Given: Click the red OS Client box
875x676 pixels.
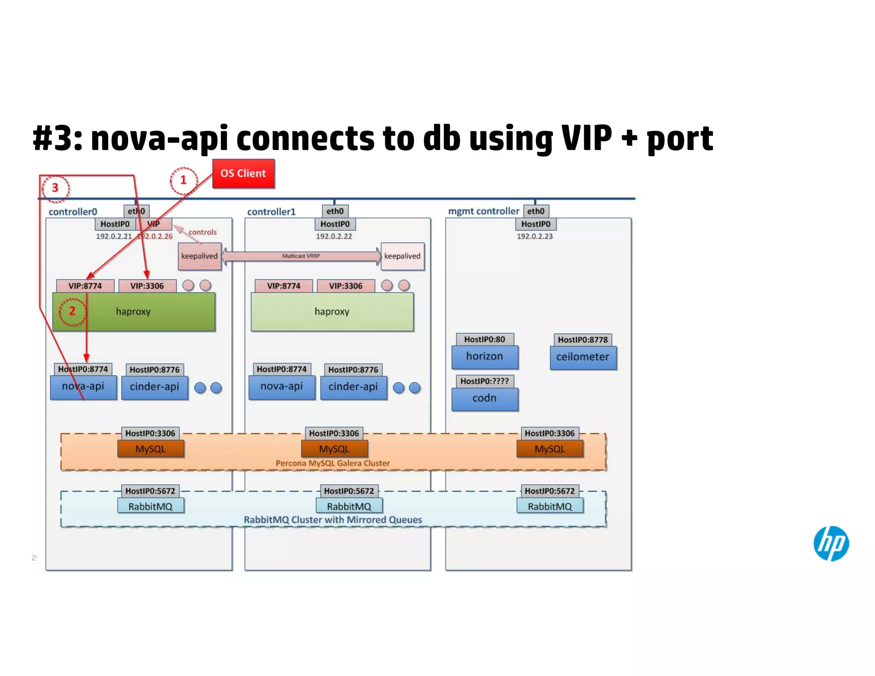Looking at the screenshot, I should tap(243, 173).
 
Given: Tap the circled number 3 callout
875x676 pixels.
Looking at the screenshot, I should tap(55, 188).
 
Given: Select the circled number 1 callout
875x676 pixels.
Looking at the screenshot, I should tap(184, 180).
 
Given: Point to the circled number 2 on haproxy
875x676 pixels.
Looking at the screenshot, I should tap(72, 311).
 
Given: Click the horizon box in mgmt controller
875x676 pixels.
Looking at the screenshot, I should tap(484, 357).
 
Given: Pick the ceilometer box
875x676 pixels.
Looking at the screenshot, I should tap(583, 357).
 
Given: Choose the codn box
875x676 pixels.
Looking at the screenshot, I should tap(484, 399).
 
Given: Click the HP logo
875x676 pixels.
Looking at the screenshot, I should tap(831, 543).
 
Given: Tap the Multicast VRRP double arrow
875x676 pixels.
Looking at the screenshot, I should tap(301, 256).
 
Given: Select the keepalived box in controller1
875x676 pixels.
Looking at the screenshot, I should tap(402, 256).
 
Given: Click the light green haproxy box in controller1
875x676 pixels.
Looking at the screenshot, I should tap(332, 312).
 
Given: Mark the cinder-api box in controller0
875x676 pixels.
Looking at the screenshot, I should tap(154, 387).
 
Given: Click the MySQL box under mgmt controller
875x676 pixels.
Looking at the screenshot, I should tap(549, 449).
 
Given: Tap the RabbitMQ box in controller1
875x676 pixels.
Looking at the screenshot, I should tap(349, 506).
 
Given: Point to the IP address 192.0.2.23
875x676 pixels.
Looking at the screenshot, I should tap(534, 236).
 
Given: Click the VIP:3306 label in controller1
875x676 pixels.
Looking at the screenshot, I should tap(346, 286).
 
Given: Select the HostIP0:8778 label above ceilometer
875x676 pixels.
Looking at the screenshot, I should tap(582, 340).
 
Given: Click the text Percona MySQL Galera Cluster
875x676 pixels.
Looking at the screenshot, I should tap(332, 463).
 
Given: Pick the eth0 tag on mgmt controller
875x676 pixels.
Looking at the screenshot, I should tap(535, 211).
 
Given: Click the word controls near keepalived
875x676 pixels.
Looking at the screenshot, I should tap(203, 232).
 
